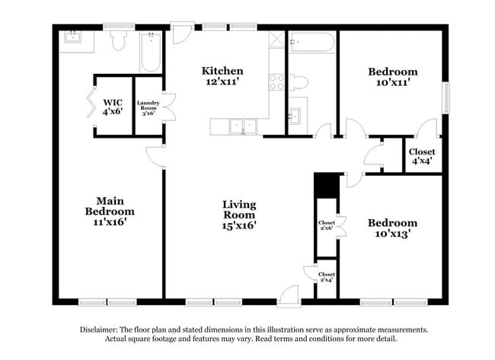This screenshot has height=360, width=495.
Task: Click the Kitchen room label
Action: click(222, 78)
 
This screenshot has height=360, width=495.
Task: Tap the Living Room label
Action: click(239, 215)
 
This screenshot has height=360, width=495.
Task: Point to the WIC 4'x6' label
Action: click(113, 106)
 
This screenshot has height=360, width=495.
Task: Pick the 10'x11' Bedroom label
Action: click(393, 78)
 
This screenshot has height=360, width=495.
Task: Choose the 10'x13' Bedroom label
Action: click(393, 229)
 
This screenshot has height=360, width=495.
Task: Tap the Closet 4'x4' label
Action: click(423, 156)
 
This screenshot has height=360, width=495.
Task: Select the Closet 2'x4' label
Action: click(327, 277)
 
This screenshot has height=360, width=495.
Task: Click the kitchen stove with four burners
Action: click(276, 81)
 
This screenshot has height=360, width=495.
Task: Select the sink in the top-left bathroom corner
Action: click(74, 37)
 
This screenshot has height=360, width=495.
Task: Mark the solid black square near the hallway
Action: click(326, 185)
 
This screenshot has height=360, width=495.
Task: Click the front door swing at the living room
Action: click(289, 295)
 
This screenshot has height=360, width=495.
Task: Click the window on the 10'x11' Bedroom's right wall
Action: click(446, 96)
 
